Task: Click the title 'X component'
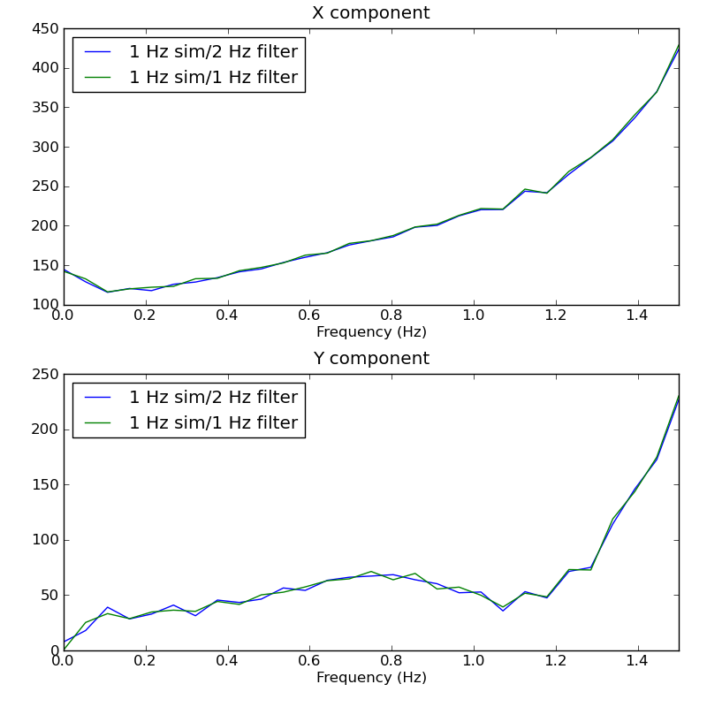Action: pos(370,13)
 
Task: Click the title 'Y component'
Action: pos(370,359)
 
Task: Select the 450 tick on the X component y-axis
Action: pos(44,28)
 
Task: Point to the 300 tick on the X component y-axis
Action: pos(44,147)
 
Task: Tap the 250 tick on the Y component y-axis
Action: pos(44,375)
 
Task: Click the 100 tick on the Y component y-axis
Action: pos(44,540)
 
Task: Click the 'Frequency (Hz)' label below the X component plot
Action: pos(370,332)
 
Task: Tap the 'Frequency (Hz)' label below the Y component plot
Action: pos(370,678)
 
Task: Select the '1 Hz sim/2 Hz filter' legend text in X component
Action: pos(213,52)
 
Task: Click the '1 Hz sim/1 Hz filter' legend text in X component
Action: pos(213,78)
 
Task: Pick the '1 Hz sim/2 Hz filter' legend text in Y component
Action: pos(213,398)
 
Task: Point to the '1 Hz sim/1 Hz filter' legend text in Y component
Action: pos(213,423)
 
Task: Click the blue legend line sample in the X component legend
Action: pos(96,52)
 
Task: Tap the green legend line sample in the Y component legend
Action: pos(96,423)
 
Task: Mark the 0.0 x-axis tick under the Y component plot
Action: pos(63,660)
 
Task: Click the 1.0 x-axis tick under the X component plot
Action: pos(474,315)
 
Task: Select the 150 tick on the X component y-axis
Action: pos(44,265)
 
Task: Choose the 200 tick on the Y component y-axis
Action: pos(44,430)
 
